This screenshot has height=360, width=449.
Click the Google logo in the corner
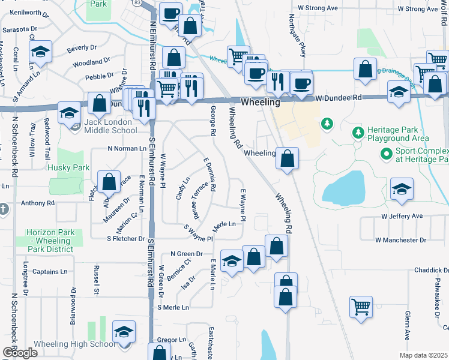(19, 352)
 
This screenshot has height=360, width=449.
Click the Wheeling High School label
(66, 344)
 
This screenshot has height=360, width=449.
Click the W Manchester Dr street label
(400, 240)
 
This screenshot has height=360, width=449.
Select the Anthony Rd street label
(37, 203)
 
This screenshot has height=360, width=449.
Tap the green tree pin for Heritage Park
(327, 124)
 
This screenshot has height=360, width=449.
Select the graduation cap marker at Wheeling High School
(124, 332)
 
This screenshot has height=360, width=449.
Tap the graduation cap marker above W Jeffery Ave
(401, 189)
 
